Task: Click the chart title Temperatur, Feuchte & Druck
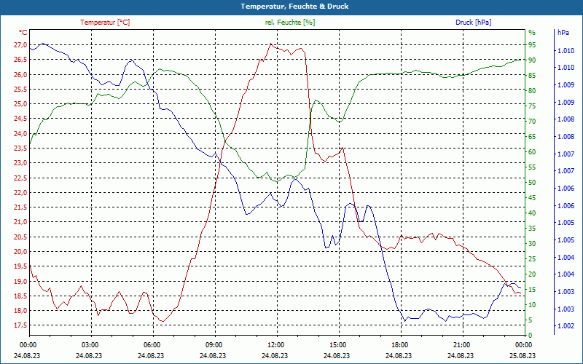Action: [x=291, y=7]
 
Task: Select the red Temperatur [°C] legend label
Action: [x=105, y=23]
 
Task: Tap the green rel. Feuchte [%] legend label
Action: [x=290, y=23]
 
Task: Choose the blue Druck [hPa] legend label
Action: [x=473, y=23]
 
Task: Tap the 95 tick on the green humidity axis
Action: [x=532, y=44]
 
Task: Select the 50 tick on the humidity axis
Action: [x=532, y=183]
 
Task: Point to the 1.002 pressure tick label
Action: [x=566, y=326]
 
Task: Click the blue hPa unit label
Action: [x=563, y=33]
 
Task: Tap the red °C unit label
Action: [x=23, y=33]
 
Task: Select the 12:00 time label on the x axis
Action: [x=276, y=344]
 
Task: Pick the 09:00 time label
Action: [x=214, y=344]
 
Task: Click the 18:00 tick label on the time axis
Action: [x=399, y=344]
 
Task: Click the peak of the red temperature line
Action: [x=270, y=44]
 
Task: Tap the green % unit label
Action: [x=532, y=33]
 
